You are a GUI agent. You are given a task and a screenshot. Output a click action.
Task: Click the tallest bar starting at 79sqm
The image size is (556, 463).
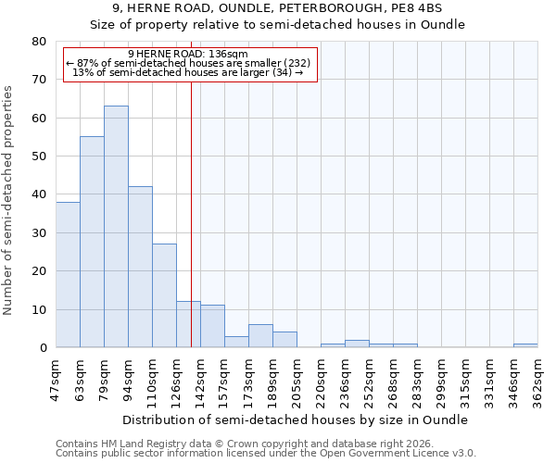click(116, 227)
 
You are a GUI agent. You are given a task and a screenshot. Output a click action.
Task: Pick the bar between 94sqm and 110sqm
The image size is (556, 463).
click(140, 268)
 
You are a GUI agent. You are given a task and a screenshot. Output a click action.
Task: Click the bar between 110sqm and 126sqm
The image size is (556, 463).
click(164, 296)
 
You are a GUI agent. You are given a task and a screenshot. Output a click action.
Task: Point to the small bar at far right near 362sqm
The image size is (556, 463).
click(525, 345)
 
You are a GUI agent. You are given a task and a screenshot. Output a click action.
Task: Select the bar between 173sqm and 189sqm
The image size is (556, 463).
click(260, 336)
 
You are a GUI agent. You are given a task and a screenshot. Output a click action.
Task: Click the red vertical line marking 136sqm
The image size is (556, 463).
click(191, 204)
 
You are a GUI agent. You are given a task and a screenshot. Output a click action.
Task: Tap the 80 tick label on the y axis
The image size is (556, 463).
click(38, 42)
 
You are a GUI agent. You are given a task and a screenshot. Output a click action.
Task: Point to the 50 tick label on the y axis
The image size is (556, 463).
click(38, 156)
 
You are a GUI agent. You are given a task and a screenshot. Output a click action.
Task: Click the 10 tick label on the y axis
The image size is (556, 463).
click(38, 309)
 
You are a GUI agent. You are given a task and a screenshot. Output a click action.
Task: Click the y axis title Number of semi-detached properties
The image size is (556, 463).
click(9, 200)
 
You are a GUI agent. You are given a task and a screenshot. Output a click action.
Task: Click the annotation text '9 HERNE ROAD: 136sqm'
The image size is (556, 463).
click(188, 55)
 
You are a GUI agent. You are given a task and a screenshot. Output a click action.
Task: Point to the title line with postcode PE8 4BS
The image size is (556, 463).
click(278, 7)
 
